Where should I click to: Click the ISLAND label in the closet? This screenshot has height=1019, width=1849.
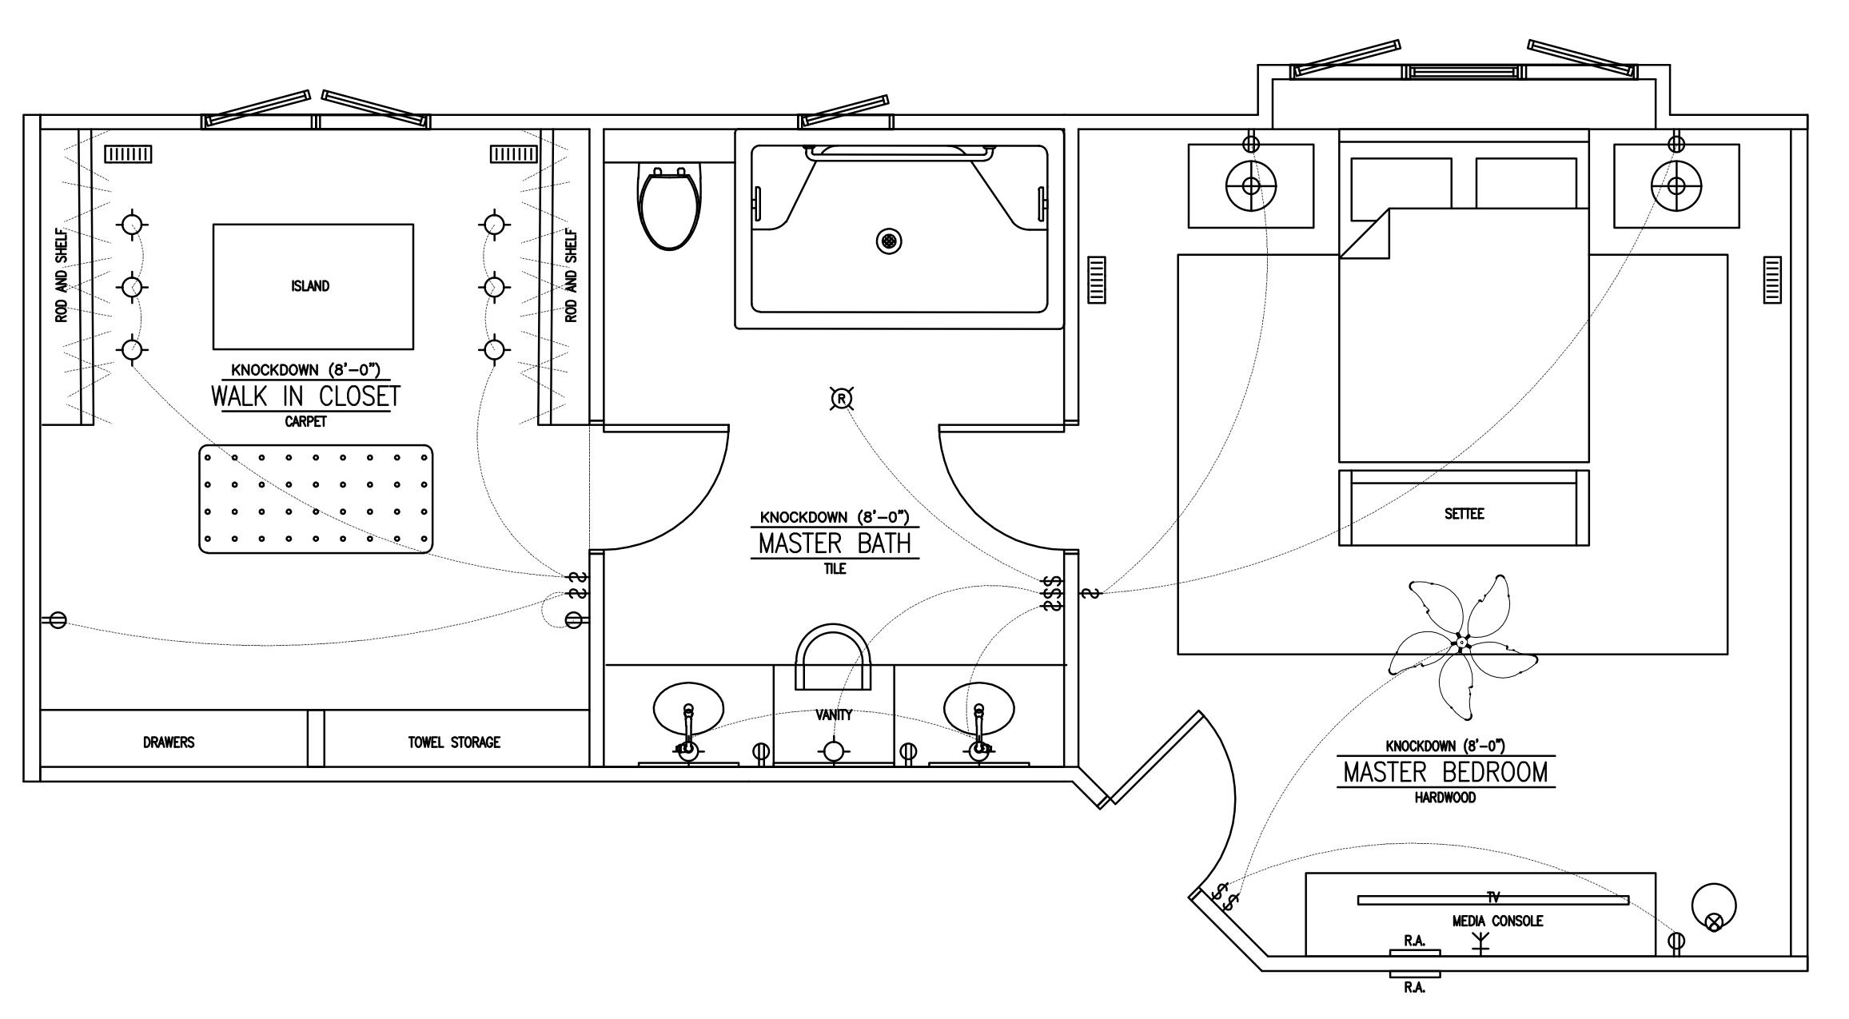(310, 286)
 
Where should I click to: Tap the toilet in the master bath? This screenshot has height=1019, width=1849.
(671, 208)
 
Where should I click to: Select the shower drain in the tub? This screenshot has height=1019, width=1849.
(889, 241)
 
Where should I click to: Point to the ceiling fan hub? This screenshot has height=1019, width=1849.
(1461, 643)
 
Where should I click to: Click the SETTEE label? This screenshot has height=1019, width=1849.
(1464, 514)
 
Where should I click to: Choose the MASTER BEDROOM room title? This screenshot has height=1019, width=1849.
(1445, 772)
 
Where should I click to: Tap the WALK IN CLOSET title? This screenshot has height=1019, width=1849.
(305, 396)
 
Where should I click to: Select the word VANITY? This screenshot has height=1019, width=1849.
(834, 715)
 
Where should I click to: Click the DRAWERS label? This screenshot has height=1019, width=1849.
(169, 742)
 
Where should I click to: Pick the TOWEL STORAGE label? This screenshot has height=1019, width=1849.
(454, 742)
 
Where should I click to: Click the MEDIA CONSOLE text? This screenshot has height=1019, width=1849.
(1497, 921)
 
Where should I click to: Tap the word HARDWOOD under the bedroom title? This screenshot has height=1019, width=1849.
(1445, 798)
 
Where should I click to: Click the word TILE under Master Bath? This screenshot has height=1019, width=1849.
(835, 569)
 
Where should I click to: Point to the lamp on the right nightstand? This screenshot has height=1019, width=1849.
(1676, 186)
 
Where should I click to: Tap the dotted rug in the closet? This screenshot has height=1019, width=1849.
(316, 499)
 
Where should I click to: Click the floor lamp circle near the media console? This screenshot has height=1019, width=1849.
(1714, 906)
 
